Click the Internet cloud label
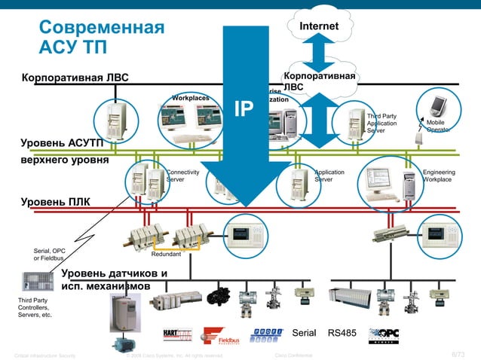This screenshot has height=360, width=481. tap(319, 27)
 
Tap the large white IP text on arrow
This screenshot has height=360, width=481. tap(244, 108)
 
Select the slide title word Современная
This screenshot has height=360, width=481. tap(101, 29)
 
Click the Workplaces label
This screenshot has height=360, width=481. tap(190, 98)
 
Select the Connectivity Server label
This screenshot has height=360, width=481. tap(182, 176)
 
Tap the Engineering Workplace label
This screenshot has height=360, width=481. tap(438, 176)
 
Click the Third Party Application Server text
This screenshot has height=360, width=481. tap(381, 123)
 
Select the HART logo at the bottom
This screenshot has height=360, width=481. tap(178, 334)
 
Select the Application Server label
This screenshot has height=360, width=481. tap(329, 176)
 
